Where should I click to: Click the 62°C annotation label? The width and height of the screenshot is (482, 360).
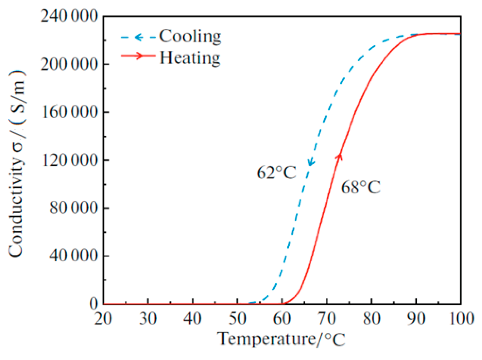(x=276, y=173)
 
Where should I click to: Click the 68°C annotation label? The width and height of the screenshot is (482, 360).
(x=360, y=187)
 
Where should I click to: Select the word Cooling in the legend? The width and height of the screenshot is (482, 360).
(x=190, y=36)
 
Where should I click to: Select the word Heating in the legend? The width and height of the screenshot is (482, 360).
(x=190, y=58)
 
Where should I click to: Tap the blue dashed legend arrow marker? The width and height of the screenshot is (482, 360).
(x=138, y=37)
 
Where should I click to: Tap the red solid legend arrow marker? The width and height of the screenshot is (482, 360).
(x=138, y=56)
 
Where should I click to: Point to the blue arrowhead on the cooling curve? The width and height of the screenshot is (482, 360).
(x=311, y=163)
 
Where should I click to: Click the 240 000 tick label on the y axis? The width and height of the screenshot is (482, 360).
(x=70, y=16)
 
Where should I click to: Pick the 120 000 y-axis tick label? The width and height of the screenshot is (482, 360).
(x=70, y=160)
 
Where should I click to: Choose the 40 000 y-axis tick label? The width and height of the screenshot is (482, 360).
(x=74, y=256)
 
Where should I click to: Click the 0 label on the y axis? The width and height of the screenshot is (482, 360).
(x=94, y=304)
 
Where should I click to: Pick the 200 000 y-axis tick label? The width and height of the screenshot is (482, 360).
(x=70, y=64)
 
